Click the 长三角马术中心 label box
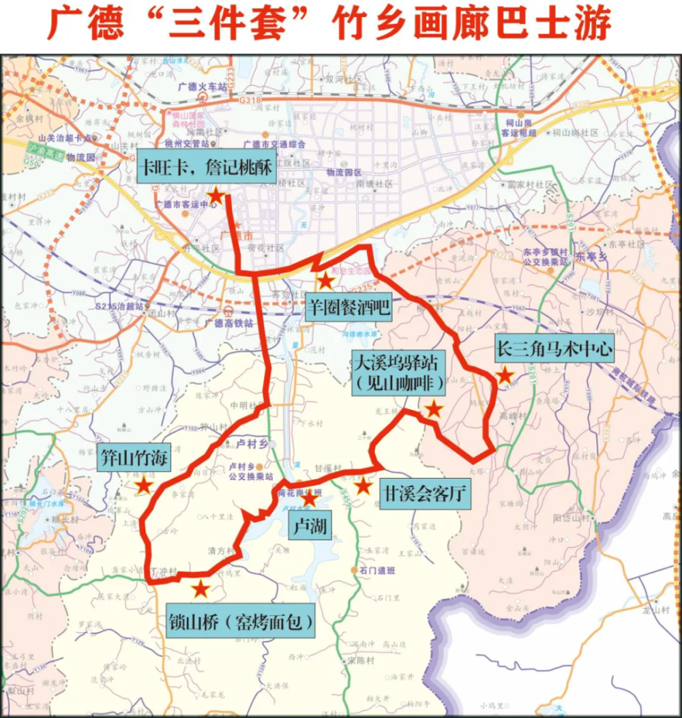click(554, 350)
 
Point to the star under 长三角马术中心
click(505, 376)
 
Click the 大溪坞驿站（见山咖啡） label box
click(398, 373)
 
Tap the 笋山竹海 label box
click(134, 455)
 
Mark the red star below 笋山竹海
click(143, 485)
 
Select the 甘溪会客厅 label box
click(426, 493)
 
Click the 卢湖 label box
click(310, 526)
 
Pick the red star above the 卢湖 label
click(309, 499)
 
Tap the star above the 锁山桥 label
click(200, 589)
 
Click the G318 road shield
click(251, 101)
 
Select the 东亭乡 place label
click(591, 257)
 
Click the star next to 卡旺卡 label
click(215, 197)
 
